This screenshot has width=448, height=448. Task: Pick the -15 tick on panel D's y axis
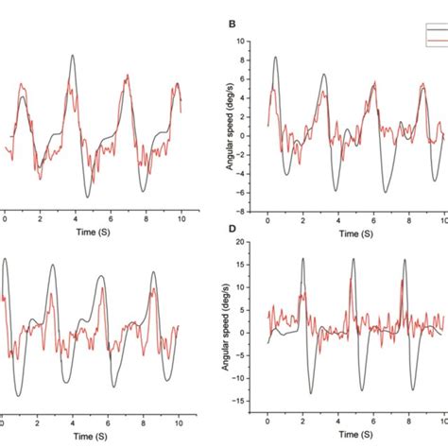point(249,401)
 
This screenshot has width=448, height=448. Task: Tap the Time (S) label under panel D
point(354,433)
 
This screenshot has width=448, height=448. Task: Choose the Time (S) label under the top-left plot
point(92,232)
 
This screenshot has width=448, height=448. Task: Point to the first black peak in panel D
point(302,258)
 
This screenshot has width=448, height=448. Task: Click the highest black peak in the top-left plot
point(72,55)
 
